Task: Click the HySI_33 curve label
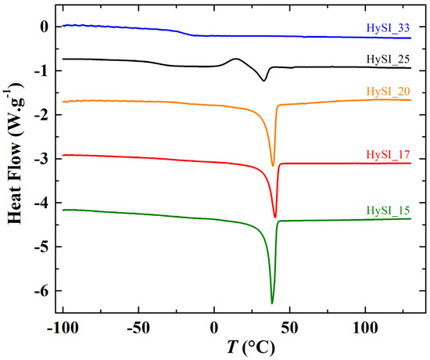tap(389, 28)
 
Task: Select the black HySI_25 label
tap(389, 59)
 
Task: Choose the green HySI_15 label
tap(389, 210)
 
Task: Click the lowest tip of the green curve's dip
tap(272, 303)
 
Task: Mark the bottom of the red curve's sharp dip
tap(275, 217)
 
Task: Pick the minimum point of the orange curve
tap(273, 165)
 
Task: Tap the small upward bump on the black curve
tap(236, 59)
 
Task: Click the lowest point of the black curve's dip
tap(264, 80)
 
